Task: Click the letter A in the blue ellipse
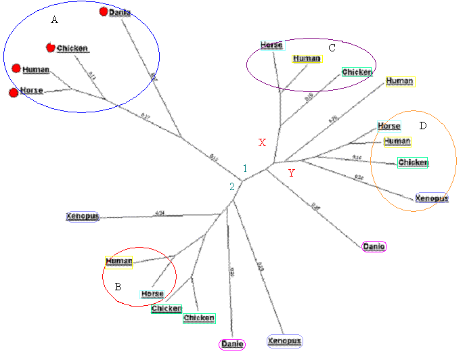click(55, 20)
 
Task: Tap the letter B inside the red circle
click(118, 287)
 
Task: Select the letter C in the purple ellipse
click(332, 47)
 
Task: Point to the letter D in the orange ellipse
click(423, 126)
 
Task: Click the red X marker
click(263, 143)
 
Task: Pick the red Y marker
click(291, 173)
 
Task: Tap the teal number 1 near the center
click(246, 168)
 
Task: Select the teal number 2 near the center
click(231, 187)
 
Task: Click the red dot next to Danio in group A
click(104, 12)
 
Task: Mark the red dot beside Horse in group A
click(12, 92)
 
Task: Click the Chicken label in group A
click(72, 49)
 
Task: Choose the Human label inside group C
click(307, 59)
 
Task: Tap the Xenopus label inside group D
click(430, 199)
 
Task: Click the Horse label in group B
click(152, 294)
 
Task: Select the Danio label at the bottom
click(232, 344)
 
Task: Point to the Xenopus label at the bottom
click(284, 341)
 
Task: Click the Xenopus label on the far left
click(83, 217)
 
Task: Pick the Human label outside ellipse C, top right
click(399, 81)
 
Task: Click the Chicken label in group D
click(413, 162)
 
